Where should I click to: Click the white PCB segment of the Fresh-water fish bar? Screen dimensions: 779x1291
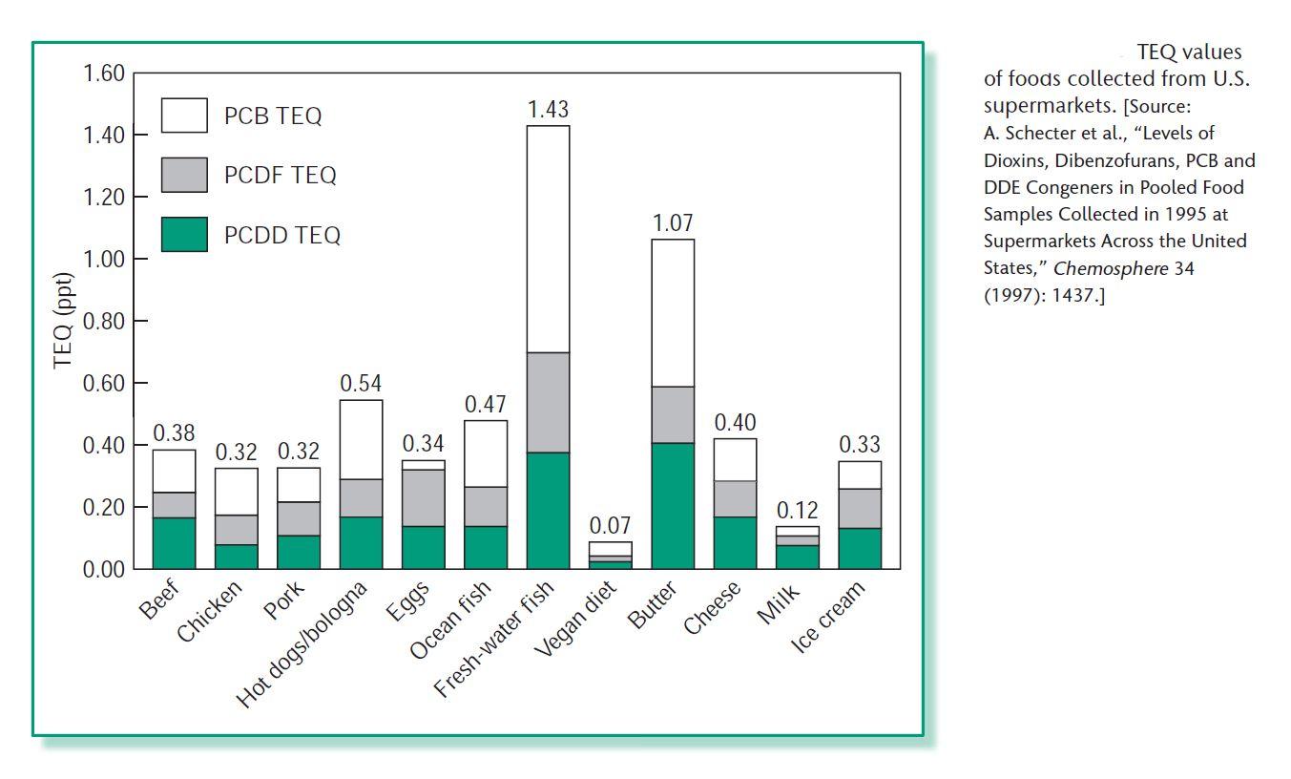tap(548, 239)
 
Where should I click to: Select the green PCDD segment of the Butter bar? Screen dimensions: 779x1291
tap(673, 506)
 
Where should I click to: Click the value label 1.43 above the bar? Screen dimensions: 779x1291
tap(548, 110)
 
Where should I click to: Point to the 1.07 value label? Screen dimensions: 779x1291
tap(673, 223)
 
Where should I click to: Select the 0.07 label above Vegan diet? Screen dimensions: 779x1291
tap(611, 526)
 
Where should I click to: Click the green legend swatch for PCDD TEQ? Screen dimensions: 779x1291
tap(184, 234)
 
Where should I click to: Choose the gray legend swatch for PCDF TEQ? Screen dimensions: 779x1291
tap(184, 175)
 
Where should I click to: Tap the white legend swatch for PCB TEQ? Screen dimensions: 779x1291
tap(184, 116)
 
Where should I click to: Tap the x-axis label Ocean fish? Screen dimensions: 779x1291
tap(451, 620)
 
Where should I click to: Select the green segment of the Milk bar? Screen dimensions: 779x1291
tap(798, 557)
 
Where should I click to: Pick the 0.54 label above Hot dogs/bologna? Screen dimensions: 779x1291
tap(361, 384)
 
